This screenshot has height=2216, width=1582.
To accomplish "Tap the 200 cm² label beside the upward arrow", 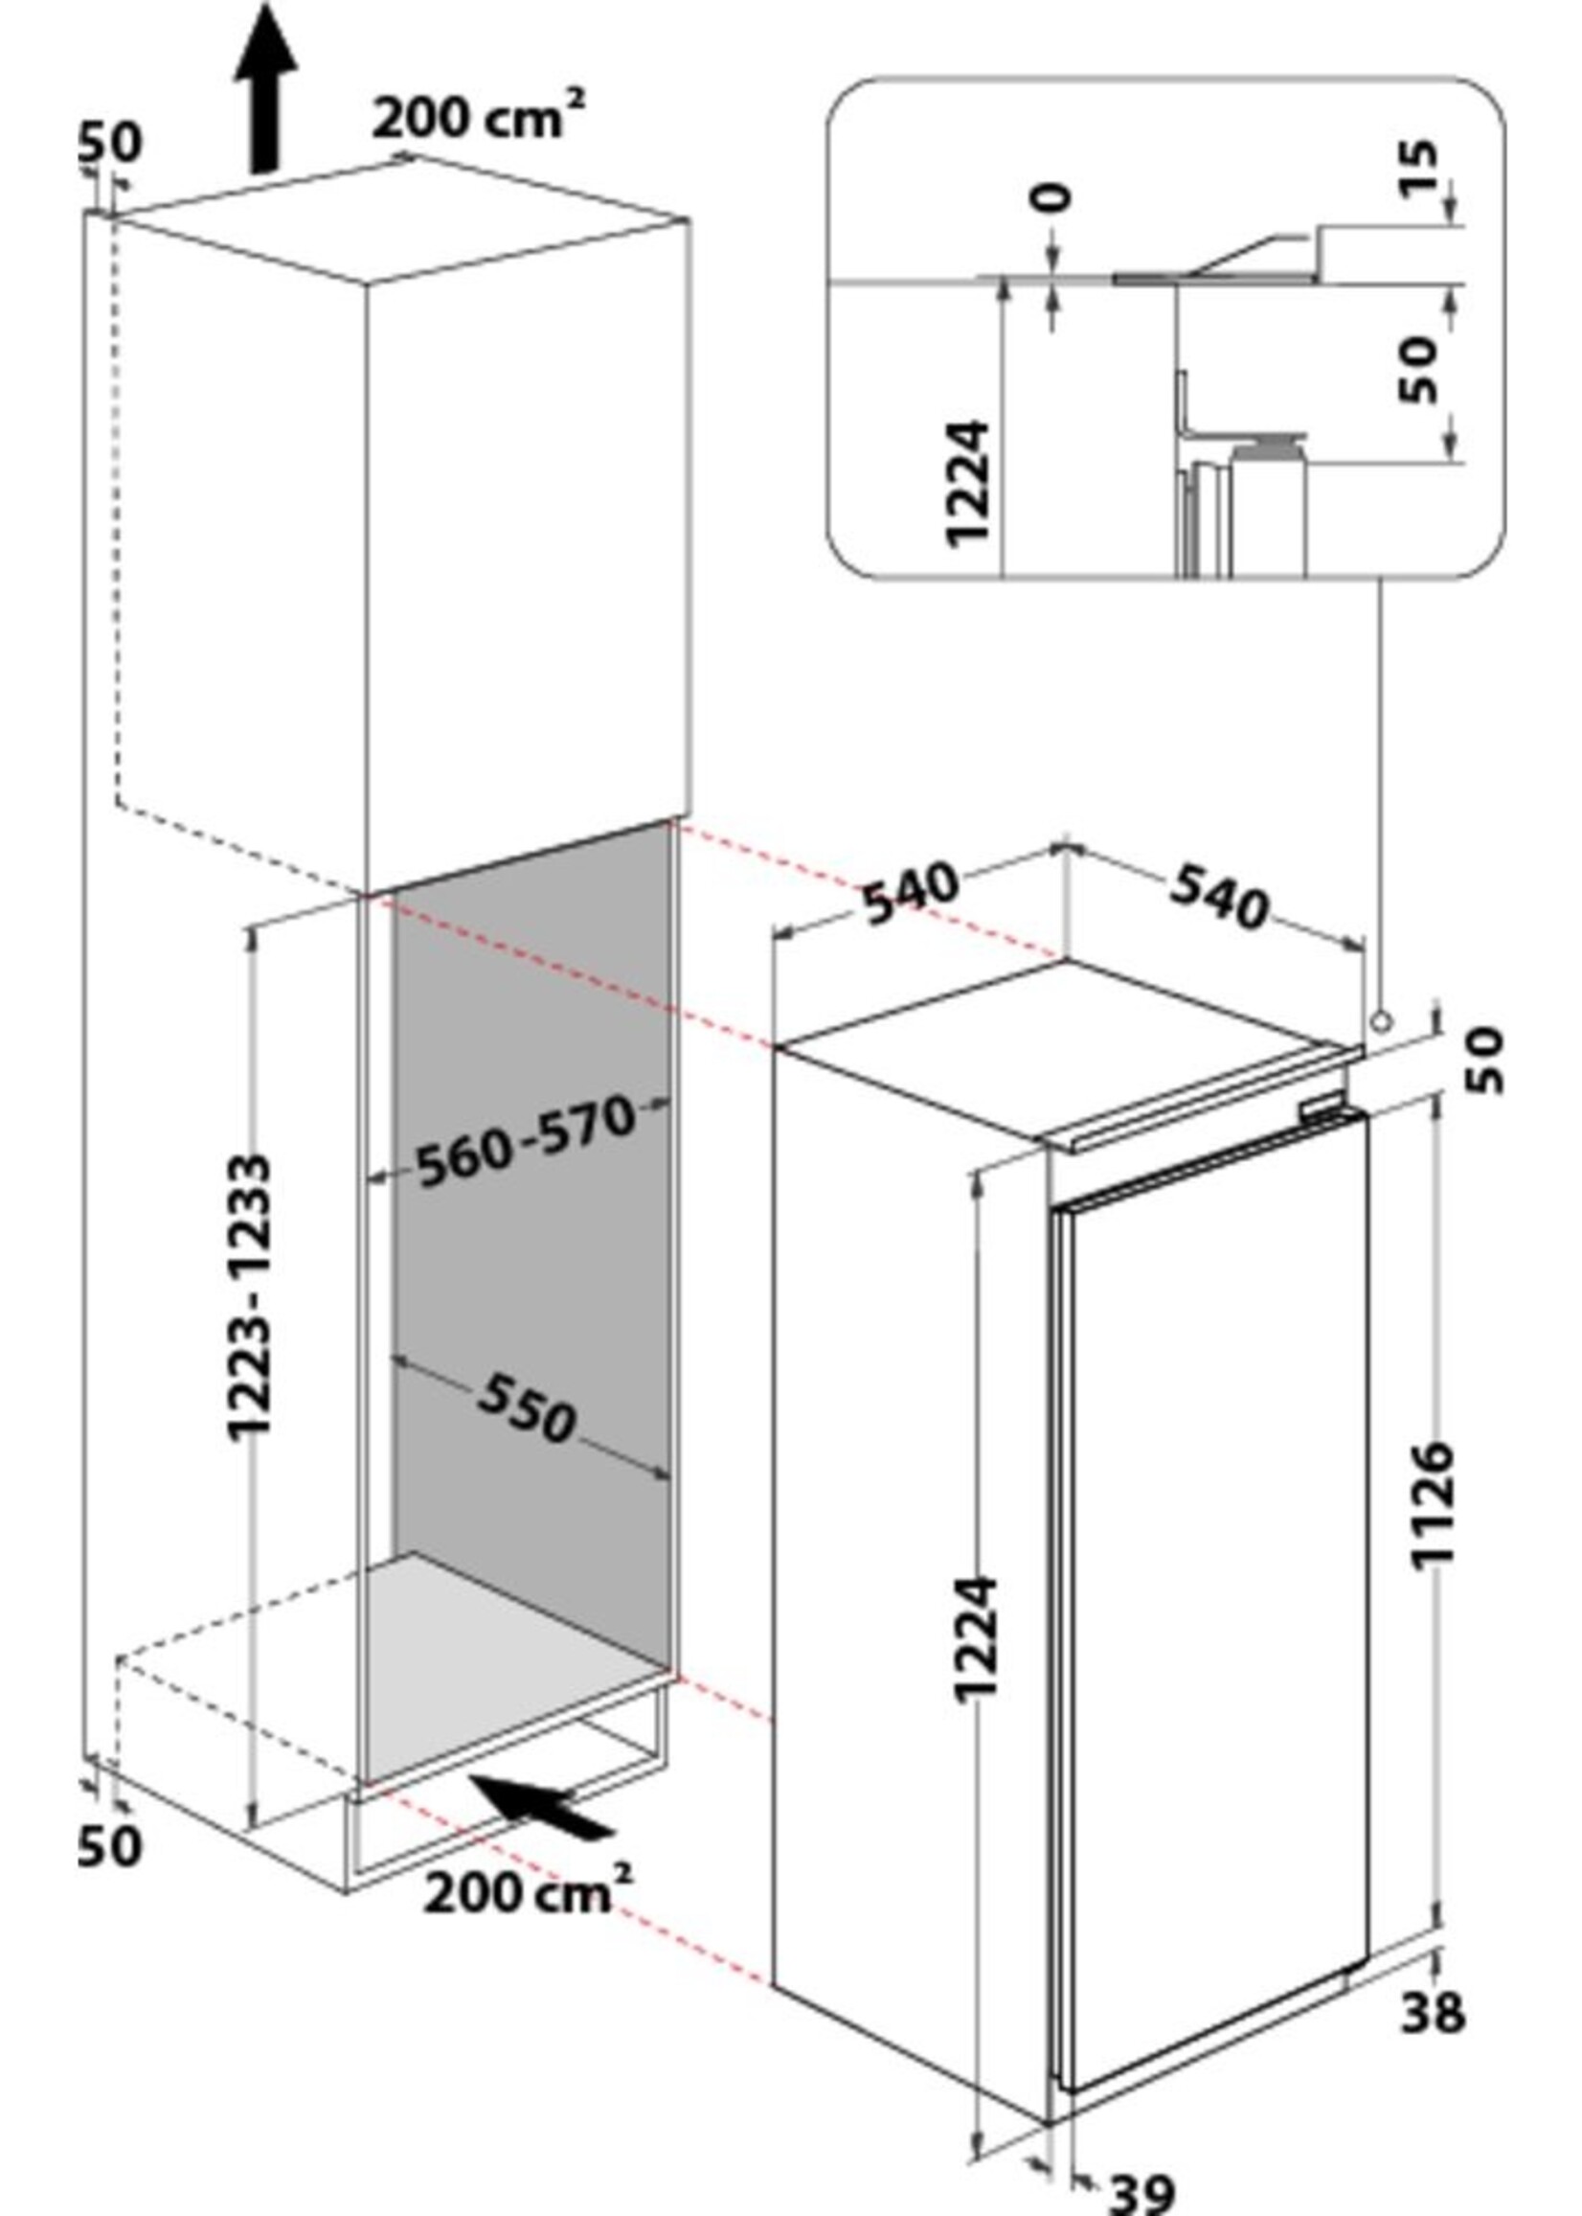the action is click(x=477, y=120).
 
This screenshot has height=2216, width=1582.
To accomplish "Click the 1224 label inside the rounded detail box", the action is click(x=968, y=484).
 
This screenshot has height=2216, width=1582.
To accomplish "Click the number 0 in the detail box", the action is click(x=1053, y=196).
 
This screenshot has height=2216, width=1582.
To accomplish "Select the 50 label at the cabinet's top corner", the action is click(x=109, y=143).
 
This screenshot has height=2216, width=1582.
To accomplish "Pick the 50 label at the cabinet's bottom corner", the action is click(x=109, y=1843).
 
